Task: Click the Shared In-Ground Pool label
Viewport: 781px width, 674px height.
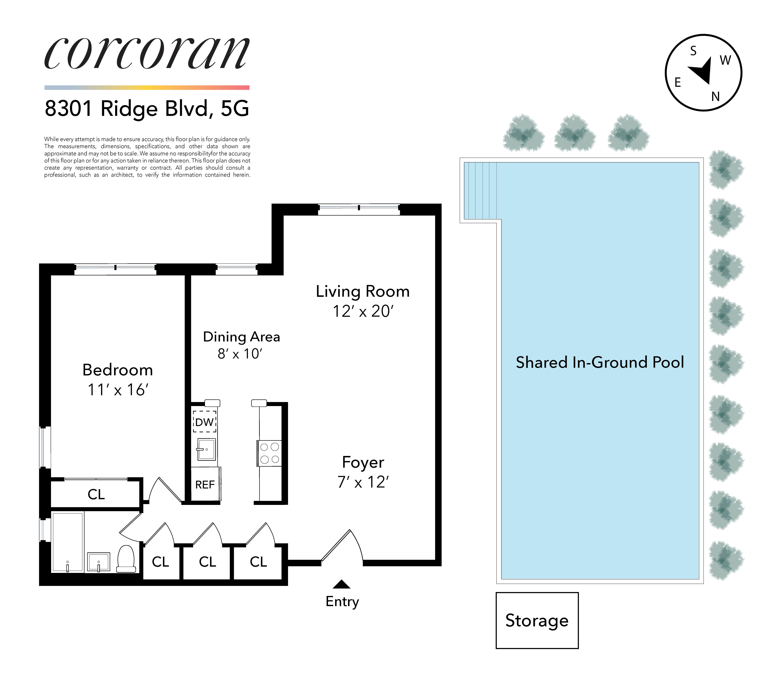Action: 599,362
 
